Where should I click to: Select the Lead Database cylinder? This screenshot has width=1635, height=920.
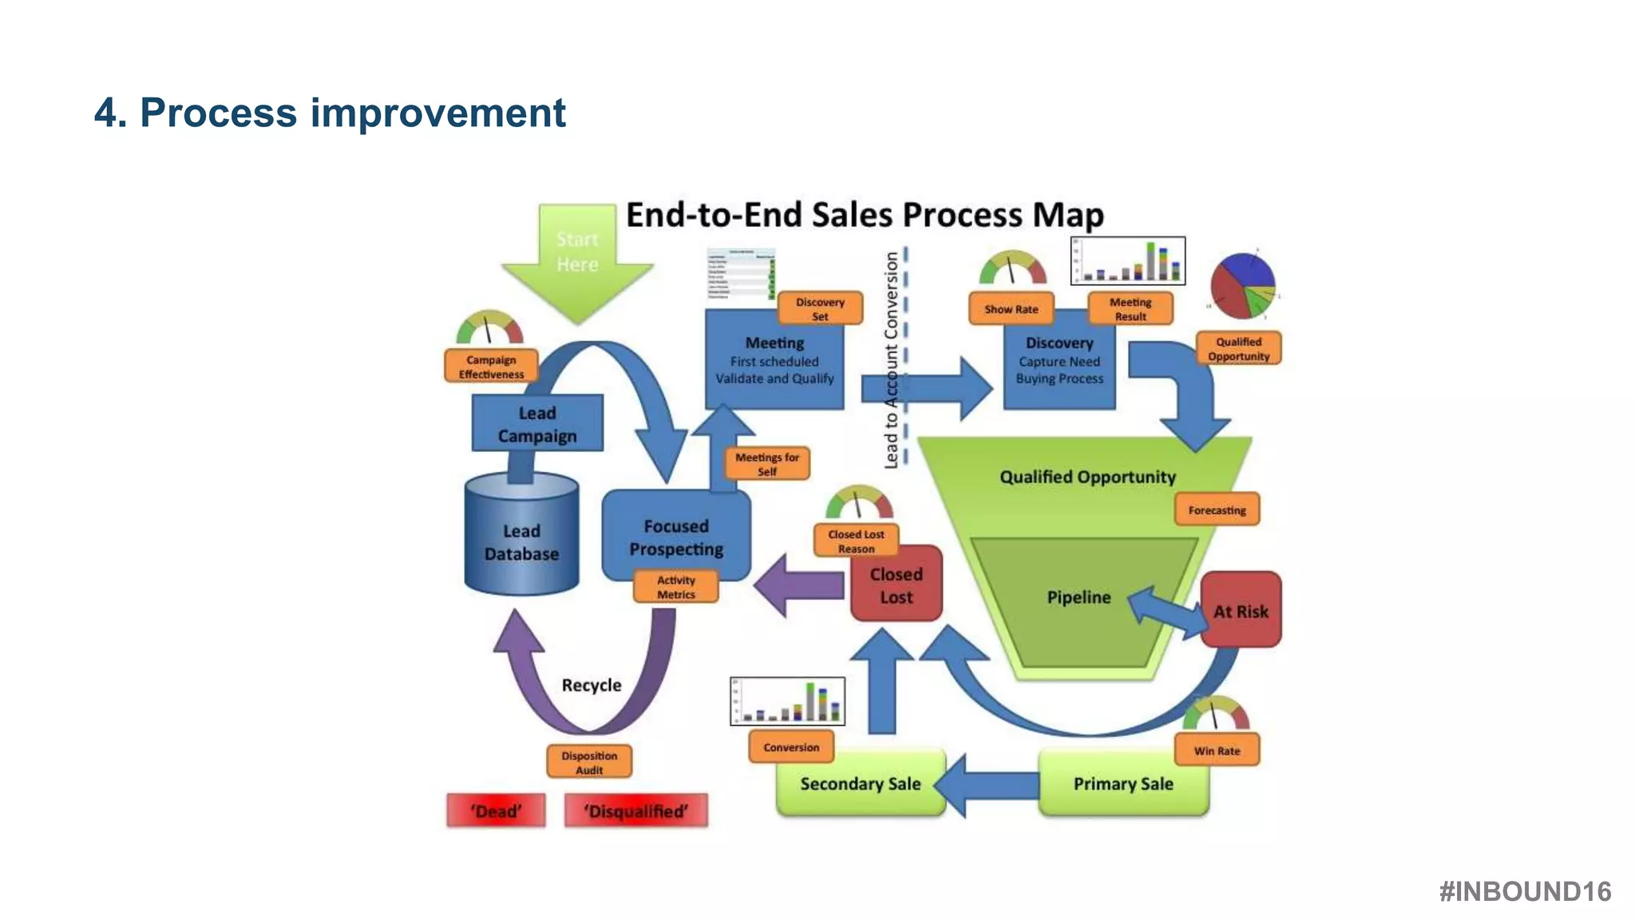521,539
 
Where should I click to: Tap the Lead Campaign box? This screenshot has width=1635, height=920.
537,424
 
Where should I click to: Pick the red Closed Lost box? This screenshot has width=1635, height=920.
896,585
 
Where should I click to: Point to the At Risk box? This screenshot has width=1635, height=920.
1241,611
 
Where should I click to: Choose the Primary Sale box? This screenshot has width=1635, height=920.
1123,783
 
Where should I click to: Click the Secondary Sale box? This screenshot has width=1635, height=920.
860,783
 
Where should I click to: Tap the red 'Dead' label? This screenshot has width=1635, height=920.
496,811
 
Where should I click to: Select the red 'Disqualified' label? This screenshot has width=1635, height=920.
635,811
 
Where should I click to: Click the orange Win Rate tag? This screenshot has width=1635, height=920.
1217,751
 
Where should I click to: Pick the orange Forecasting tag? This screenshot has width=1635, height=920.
1217,510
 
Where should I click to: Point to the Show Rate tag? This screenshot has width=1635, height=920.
1011,309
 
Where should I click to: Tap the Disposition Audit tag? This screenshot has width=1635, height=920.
589,762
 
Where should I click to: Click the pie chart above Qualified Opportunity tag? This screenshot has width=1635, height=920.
1242,285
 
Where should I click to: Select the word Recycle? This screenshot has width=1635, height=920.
591,685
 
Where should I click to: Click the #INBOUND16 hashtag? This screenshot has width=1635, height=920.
1525,891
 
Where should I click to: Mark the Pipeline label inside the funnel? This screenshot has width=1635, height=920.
1079,597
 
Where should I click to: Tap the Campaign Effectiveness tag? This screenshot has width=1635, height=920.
491,367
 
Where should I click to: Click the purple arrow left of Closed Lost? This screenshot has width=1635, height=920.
798,585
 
